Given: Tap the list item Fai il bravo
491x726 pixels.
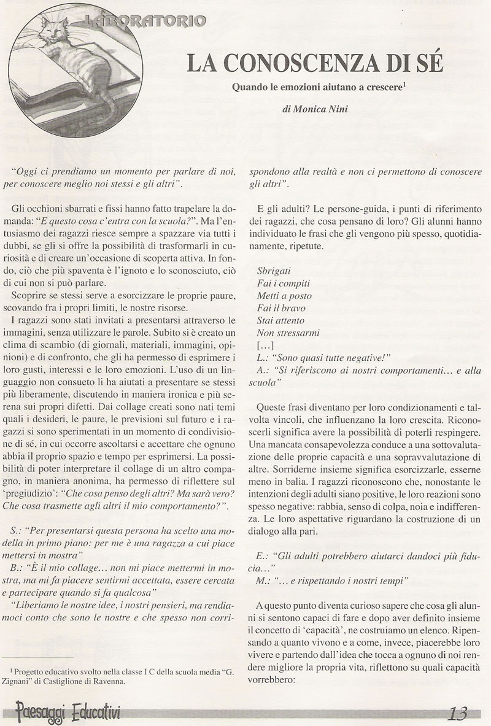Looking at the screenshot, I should (283, 307).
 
